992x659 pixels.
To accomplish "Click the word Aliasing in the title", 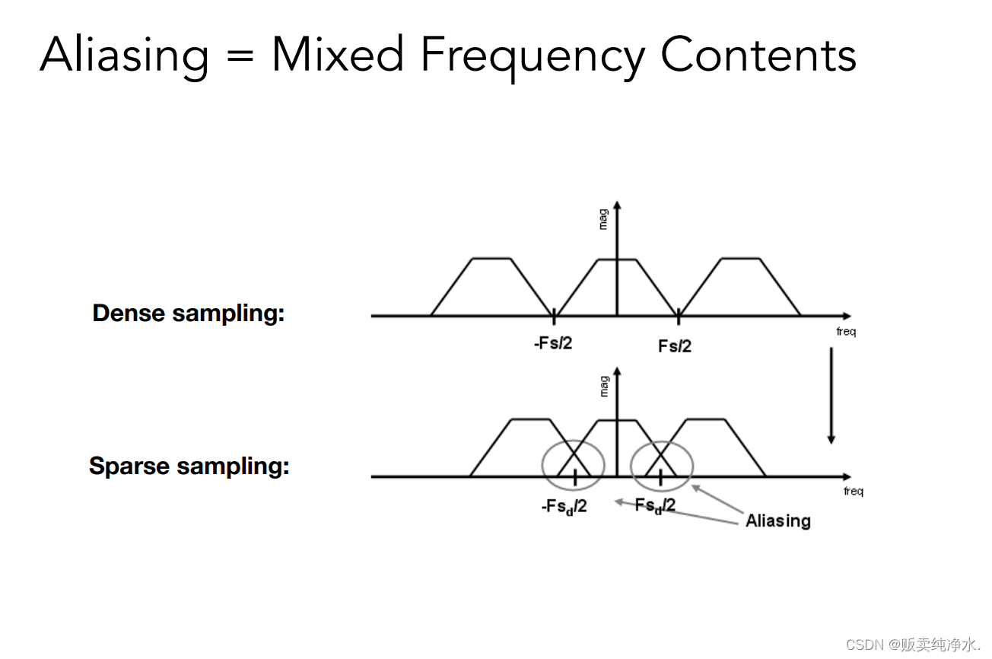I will pyautogui.click(x=124, y=56).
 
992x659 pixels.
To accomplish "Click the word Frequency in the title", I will pyautogui.click(x=531, y=56).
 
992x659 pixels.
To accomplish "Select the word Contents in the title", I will pyautogui.click(x=758, y=56).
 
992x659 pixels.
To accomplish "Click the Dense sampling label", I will pyautogui.click(x=188, y=314).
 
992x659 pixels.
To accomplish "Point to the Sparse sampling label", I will pyautogui.click(x=189, y=466).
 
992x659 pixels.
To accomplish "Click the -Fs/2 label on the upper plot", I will pyautogui.click(x=553, y=343).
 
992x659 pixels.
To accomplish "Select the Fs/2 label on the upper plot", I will pyautogui.click(x=675, y=346).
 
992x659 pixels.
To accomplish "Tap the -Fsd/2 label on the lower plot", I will pyautogui.click(x=564, y=507).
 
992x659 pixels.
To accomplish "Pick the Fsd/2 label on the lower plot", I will pyautogui.click(x=655, y=505).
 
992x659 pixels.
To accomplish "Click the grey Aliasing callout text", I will pyautogui.click(x=777, y=521).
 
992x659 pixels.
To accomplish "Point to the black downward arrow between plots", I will pyautogui.click(x=831, y=396).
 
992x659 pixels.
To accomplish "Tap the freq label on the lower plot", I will pyautogui.click(x=854, y=492).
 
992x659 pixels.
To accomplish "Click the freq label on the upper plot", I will pyautogui.click(x=846, y=332).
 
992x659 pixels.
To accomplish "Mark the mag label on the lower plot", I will pyautogui.click(x=604, y=386).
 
